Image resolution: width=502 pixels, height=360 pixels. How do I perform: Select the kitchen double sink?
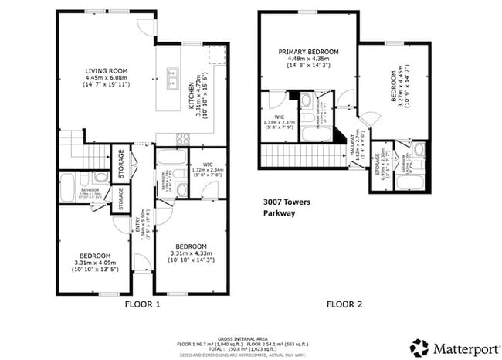pos(172,76)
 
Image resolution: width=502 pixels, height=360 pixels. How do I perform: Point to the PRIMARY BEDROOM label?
pos(308,53)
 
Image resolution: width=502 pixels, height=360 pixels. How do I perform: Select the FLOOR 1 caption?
pos(142,304)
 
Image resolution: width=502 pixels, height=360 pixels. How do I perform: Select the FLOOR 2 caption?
pos(344,304)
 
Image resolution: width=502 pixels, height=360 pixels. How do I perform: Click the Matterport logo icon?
pos(419,347)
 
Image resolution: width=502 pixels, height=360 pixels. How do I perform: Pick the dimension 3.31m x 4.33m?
pos(193,254)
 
